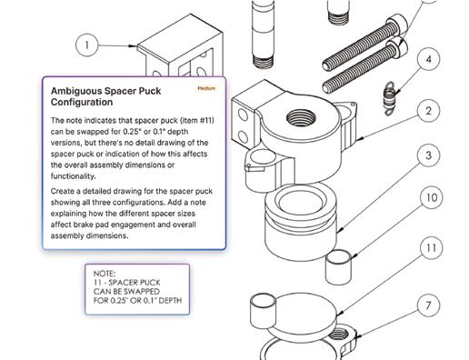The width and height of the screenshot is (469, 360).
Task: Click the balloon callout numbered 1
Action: [x=87, y=45]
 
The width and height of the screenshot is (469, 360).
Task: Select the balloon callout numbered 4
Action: [x=428, y=59]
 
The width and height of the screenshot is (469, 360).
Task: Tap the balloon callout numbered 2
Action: [x=428, y=111]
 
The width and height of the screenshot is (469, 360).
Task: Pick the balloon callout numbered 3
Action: [x=428, y=155]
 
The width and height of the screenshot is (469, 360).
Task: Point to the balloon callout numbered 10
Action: [x=432, y=197]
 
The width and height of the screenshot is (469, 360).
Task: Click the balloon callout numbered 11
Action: [x=432, y=248]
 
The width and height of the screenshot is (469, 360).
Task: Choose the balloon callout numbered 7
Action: [x=428, y=305]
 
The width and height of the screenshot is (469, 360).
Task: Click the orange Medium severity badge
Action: [x=206, y=88]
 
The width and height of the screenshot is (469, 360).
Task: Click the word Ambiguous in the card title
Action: [x=75, y=91]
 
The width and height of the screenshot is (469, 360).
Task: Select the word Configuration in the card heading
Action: [x=82, y=102]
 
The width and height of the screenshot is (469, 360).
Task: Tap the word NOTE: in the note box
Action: [x=105, y=274]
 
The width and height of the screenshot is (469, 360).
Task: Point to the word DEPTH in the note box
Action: [x=170, y=301]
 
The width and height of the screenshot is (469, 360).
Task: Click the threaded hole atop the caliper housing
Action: [x=301, y=117]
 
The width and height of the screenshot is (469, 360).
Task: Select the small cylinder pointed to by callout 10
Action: [x=338, y=266]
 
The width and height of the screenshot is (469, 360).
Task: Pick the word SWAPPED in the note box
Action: [x=142, y=292]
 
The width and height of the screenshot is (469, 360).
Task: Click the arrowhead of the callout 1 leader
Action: [x=133, y=46]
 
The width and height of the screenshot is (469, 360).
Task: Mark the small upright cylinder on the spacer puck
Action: [x=263, y=310]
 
